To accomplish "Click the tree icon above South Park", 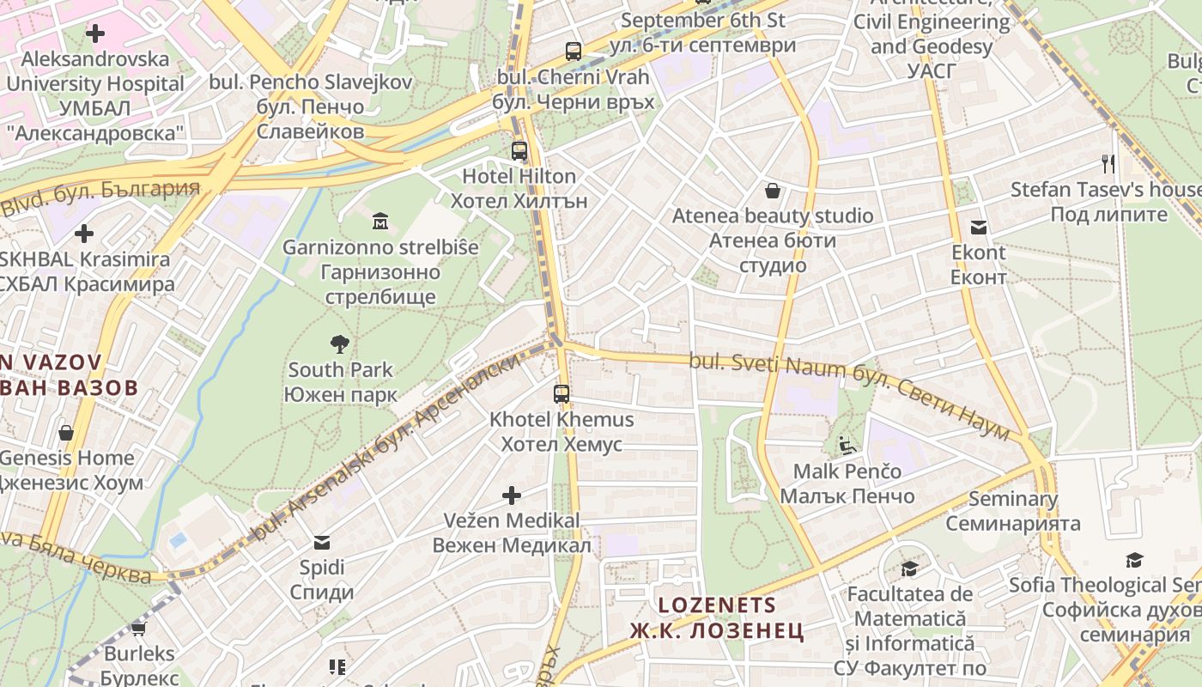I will (340, 344).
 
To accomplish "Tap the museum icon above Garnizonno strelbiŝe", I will (380, 222).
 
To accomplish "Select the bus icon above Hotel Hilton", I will (519, 150).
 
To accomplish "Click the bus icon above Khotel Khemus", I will (562, 394).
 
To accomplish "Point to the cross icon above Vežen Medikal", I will (512, 495).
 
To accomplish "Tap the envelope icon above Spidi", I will (322, 542).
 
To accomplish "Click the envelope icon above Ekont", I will (979, 228).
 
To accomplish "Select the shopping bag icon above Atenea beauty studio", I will (773, 190).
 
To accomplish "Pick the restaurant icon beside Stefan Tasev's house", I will (1108, 163).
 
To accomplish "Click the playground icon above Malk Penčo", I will (847, 445).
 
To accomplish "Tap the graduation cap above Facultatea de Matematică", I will (909, 568).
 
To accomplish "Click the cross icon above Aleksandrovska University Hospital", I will (95, 33).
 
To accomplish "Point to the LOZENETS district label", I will (717, 605).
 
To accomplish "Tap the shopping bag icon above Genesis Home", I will (66, 432).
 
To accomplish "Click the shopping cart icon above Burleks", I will (138, 628).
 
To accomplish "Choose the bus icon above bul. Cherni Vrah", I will (574, 51).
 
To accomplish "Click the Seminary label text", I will (1013, 499).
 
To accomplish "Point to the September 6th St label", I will (702, 20).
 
